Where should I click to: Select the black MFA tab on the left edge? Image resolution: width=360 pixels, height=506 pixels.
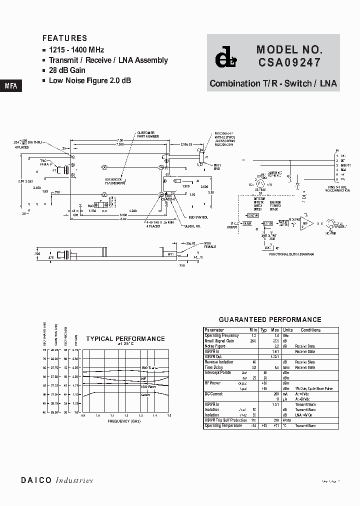(x=10, y=85)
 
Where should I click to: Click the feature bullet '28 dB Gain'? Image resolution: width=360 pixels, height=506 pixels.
(x=67, y=70)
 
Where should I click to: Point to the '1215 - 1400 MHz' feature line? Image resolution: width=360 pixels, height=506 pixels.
(x=76, y=50)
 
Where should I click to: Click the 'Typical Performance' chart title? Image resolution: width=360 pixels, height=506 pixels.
(x=125, y=338)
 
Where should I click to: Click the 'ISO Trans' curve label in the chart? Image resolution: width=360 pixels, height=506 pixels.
(x=149, y=367)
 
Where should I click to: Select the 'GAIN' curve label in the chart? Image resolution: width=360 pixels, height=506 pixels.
(x=145, y=394)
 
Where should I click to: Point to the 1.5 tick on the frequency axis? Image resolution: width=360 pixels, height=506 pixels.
(x=169, y=415)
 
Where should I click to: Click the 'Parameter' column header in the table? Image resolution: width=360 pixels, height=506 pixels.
(x=214, y=330)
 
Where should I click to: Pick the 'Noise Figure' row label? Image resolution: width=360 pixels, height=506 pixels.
(x=216, y=346)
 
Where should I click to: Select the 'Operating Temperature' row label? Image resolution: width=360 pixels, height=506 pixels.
(x=223, y=425)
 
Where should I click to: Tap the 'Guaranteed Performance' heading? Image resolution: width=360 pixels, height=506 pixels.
(x=270, y=319)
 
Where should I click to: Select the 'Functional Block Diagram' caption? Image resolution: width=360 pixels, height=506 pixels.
(x=291, y=254)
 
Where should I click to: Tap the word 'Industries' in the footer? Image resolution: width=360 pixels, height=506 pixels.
(x=74, y=480)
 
